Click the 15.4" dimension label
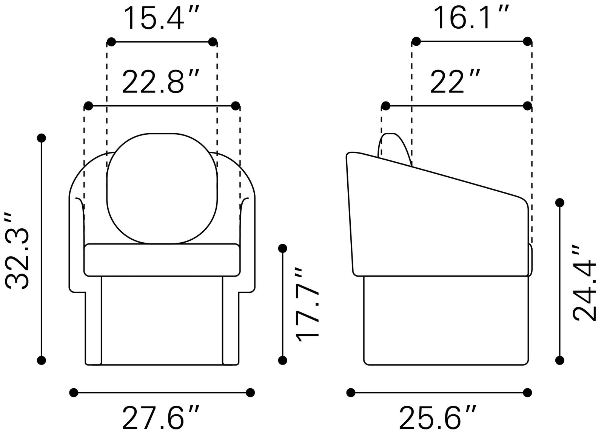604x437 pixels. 161,18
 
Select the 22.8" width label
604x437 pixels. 161,82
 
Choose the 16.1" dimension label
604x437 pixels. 471,18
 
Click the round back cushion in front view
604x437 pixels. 162,188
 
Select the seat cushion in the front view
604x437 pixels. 162,260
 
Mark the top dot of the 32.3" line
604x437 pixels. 42,138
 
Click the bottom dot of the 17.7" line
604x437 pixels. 282,360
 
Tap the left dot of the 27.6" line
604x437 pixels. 74,392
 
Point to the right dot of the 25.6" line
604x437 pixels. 527,392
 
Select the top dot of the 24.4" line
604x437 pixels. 560,203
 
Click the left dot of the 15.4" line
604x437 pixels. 111,42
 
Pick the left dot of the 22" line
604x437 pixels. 386,106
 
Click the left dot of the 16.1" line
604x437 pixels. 416,42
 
